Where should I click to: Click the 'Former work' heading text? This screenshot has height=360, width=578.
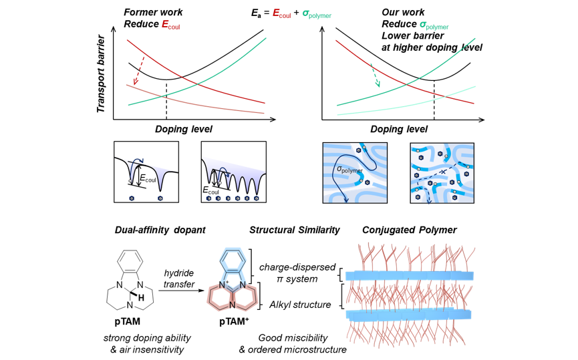click(153, 13)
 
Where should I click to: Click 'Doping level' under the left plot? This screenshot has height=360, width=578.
click(183, 129)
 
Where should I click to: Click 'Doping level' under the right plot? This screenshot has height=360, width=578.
click(399, 129)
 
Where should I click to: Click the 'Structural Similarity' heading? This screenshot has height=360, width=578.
click(294, 230)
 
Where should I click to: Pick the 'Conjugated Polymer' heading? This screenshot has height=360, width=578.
click(409, 230)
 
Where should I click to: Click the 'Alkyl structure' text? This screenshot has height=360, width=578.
click(300, 305)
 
